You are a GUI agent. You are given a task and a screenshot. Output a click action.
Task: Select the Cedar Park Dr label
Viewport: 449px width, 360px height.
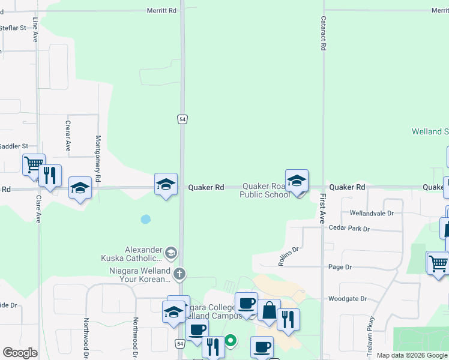click(349, 229)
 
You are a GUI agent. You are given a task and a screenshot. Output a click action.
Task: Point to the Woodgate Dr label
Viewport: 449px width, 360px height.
click(347, 298)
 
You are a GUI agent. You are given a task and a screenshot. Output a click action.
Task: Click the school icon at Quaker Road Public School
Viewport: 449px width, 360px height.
click(297, 181)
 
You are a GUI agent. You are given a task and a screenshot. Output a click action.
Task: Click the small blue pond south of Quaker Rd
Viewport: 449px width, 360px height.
click(145, 220)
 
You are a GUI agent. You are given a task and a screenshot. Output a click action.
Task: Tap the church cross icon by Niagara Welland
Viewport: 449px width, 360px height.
click(179, 274)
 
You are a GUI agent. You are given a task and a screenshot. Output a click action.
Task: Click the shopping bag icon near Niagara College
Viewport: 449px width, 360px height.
click(269, 310)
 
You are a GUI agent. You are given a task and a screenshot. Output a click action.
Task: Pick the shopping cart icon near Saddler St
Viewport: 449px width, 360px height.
click(34, 164)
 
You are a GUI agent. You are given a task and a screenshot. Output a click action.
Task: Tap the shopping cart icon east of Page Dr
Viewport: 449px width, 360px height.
click(438, 262)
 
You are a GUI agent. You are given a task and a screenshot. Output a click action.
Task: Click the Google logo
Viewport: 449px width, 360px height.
click(20, 353)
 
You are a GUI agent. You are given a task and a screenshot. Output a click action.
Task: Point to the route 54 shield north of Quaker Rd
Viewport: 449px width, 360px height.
click(182, 119)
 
